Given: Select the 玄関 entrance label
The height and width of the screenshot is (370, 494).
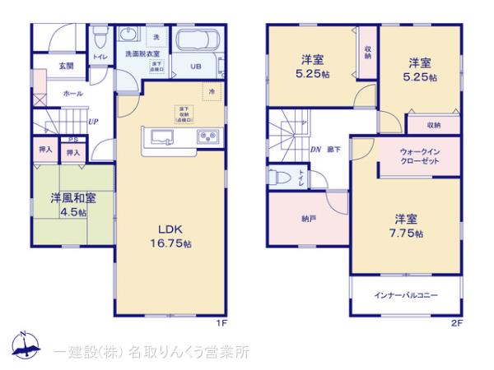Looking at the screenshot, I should coord(66,66).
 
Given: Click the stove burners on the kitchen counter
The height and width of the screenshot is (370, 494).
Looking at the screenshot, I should coord(205,136).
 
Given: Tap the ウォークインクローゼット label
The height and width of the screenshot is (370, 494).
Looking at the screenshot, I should coord(420,157).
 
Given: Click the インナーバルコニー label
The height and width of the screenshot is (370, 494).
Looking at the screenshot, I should coord(405,294).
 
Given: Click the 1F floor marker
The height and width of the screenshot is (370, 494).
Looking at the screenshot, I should coord(221,323).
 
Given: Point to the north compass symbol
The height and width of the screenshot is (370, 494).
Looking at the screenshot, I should coord(26,345).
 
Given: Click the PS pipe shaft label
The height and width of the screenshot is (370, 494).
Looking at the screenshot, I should coord(73,140).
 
